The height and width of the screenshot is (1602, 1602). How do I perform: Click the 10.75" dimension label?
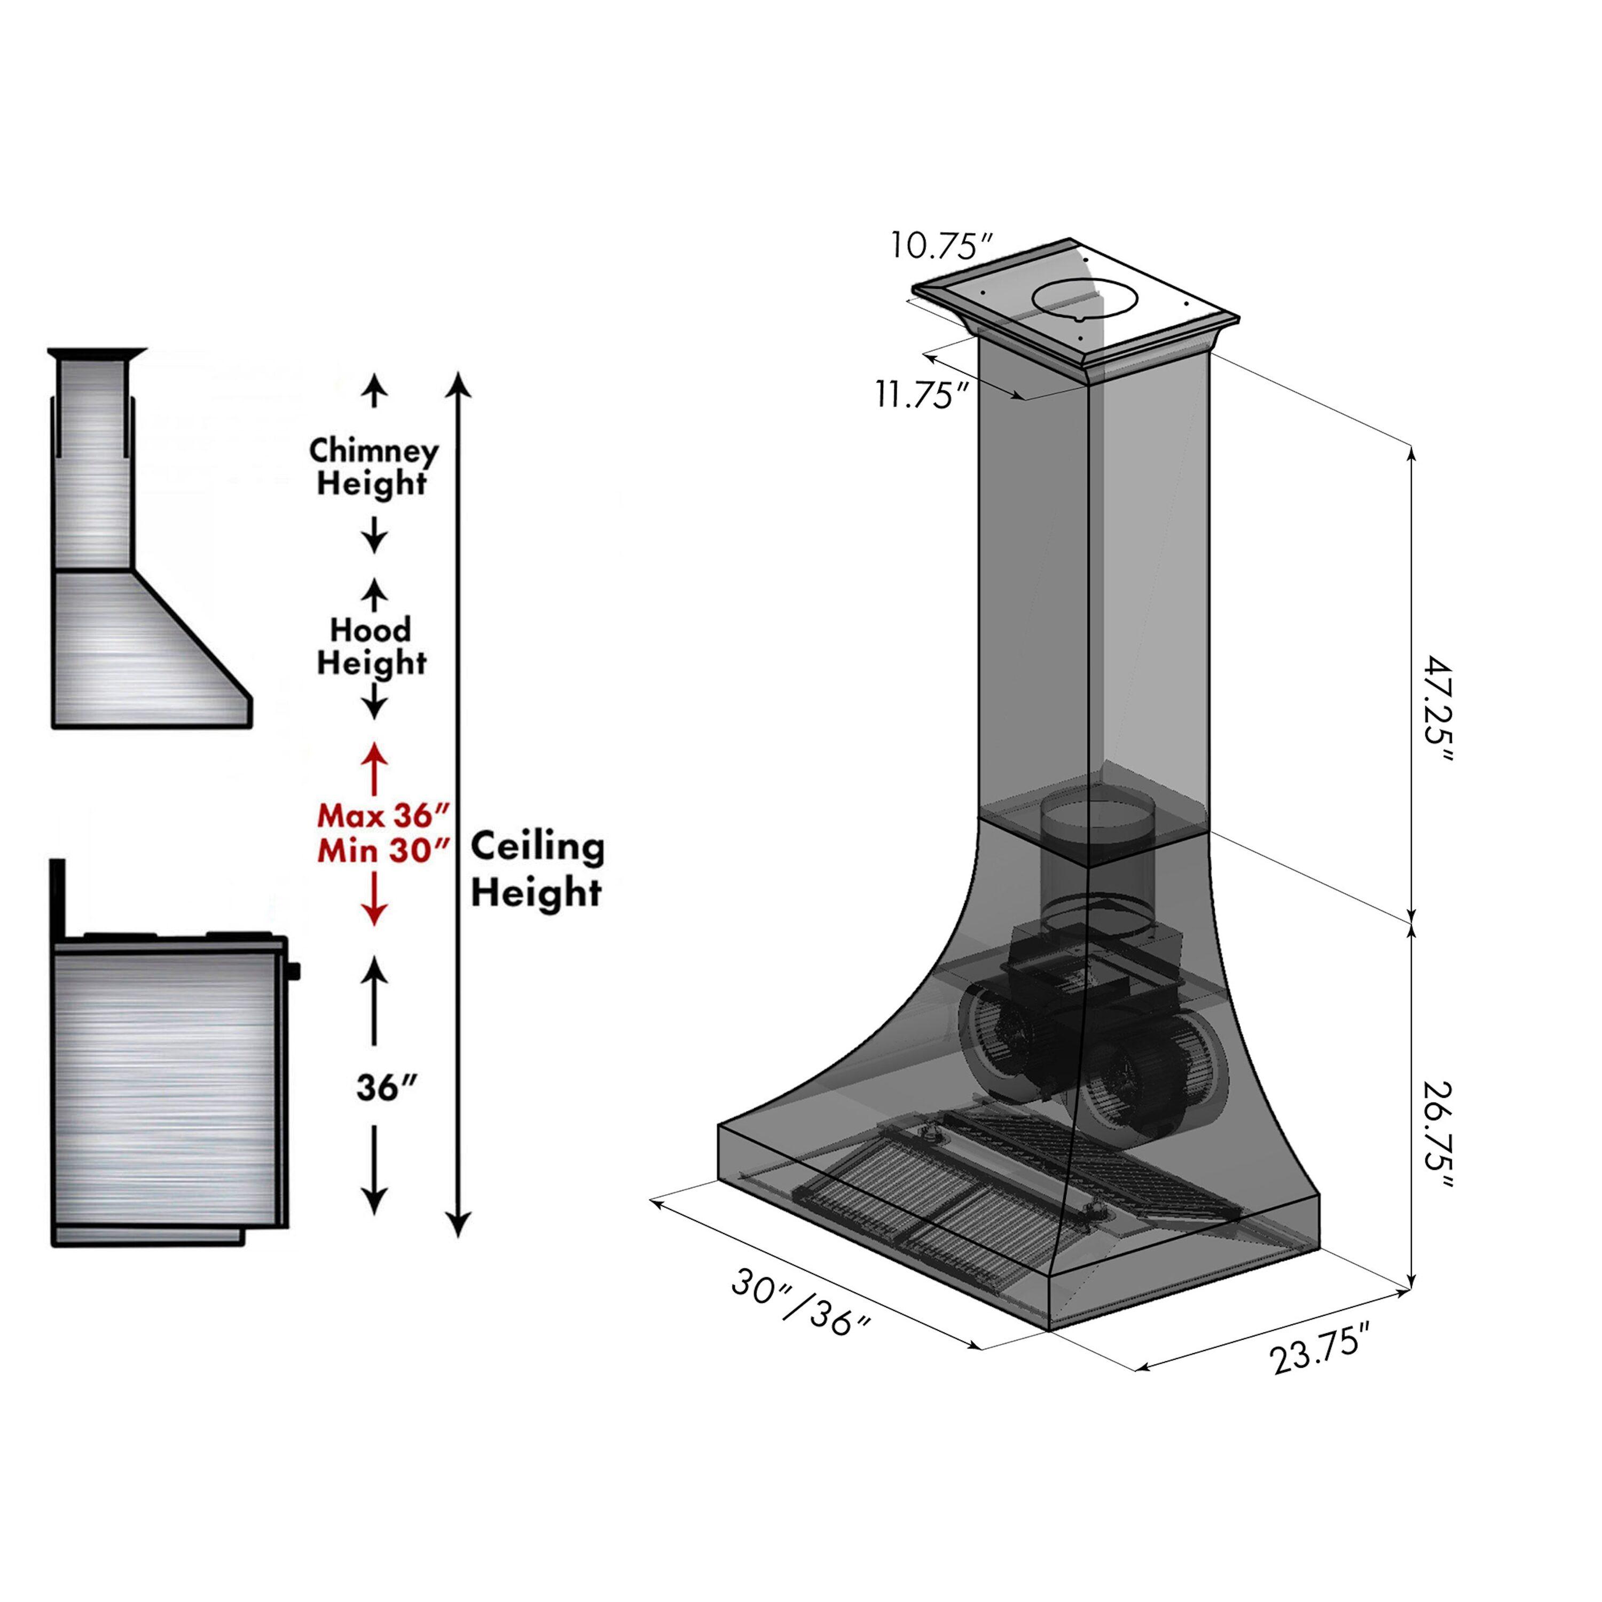coord(942,246)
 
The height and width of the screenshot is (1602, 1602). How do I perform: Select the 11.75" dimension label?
coord(923,395)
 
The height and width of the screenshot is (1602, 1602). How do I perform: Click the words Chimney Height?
coord(373,467)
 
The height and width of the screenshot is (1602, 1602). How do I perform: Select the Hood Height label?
coord(372,646)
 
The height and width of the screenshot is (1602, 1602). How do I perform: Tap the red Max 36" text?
coord(383,817)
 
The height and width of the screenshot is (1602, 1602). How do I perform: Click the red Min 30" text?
coord(383,852)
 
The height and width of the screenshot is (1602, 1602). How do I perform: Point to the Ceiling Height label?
coord(537,870)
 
